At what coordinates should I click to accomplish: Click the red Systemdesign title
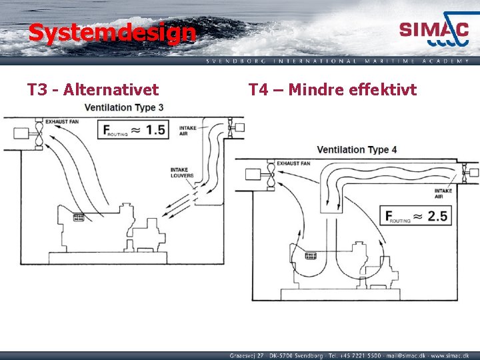tap(112, 32)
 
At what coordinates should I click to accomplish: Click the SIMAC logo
tap(434, 31)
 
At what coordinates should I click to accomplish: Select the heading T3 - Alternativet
tap(93, 89)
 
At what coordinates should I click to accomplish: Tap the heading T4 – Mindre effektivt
tap(333, 89)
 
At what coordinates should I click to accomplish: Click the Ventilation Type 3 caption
tap(124, 107)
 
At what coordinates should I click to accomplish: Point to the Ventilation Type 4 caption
tap(357, 149)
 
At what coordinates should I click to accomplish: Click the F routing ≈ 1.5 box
tap(133, 129)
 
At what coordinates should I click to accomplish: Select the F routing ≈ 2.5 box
tap(415, 215)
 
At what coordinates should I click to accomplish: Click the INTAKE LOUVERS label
tap(182, 172)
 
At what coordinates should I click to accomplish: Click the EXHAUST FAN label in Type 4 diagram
tap(294, 162)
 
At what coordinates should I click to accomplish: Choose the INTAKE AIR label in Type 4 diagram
tap(443, 193)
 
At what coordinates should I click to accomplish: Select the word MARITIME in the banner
tap(389, 61)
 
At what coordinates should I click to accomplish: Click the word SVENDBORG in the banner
tap(237, 61)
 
